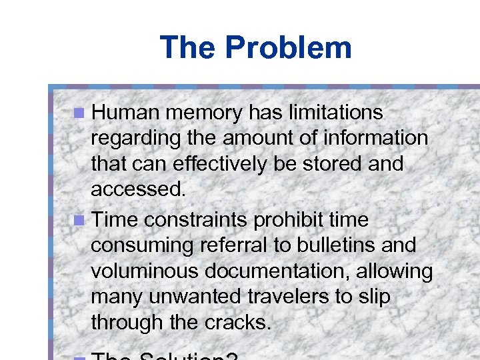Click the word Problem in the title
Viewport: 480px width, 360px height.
point(288,47)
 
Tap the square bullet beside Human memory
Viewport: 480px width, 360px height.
point(79,113)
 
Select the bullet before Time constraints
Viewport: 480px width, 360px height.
point(79,219)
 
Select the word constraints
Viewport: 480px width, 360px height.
point(204,219)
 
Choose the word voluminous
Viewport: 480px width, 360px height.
point(145,271)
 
